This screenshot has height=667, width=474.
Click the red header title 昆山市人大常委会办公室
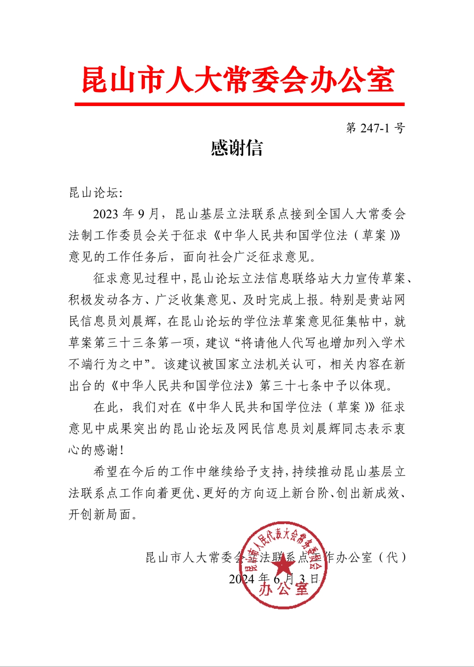pyautogui.click(x=238, y=80)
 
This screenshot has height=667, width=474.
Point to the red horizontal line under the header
pyautogui.click(x=239, y=104)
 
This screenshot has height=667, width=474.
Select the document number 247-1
pyautogui.click(x=375, y=128)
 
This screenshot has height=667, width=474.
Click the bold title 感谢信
pyautogui.click(x=237, y=148)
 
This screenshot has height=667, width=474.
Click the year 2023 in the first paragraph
pyautogui.click(x=105, y=214)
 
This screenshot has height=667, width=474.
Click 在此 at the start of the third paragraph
pyautogui.click(x=106, y=407)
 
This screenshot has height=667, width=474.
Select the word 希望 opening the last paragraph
pyautogui.click(x=106, y=472)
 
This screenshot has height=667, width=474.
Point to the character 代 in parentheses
pyautogui.click(x=391, y=557)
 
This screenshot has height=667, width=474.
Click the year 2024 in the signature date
pyautogui.click(x=242, y=579)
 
